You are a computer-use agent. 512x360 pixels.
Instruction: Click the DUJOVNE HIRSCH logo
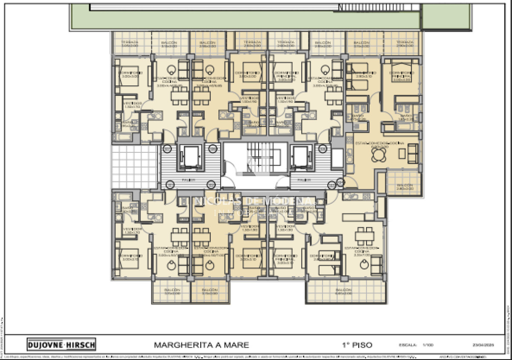point(61,344)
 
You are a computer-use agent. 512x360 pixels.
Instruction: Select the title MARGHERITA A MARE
point(201,345)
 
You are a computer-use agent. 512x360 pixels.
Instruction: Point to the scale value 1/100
point(428,345)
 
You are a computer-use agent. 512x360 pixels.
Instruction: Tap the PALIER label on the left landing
point(189,180)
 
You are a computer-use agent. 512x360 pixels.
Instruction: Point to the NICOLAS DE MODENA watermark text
point(255,201)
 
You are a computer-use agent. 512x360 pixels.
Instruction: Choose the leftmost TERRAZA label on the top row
point(130,44)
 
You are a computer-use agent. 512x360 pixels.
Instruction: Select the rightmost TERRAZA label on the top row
point(404,44)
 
